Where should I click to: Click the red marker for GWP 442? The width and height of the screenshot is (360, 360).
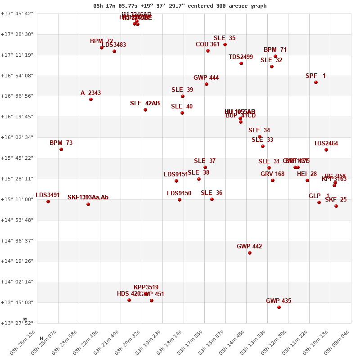click(250, 253)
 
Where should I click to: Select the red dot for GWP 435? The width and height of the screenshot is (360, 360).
click(279, 307)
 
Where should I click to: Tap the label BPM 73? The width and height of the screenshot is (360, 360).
click(61, 143)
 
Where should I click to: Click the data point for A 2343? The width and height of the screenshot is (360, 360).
click(91, 99)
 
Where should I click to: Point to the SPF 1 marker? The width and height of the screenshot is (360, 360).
click(316, 82)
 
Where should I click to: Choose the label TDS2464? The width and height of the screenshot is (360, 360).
click(326, 144)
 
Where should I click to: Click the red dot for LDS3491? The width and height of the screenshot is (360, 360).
click(48, 202)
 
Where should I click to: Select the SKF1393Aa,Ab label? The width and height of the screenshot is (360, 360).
click(88, 198)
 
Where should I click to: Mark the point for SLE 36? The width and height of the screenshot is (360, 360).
click(212, 199)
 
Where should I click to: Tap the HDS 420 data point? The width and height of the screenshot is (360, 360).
click(129, 300)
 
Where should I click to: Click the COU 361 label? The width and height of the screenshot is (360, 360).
click(207, 45)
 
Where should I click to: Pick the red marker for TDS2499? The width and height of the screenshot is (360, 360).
click(241, 63)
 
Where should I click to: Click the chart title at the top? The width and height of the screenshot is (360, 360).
click(180, 6)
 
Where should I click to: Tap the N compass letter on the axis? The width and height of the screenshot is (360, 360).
click(25, 319)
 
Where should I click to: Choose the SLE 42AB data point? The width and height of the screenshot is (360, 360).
click(145, 110)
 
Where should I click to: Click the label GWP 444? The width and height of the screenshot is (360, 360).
click(206, 78)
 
